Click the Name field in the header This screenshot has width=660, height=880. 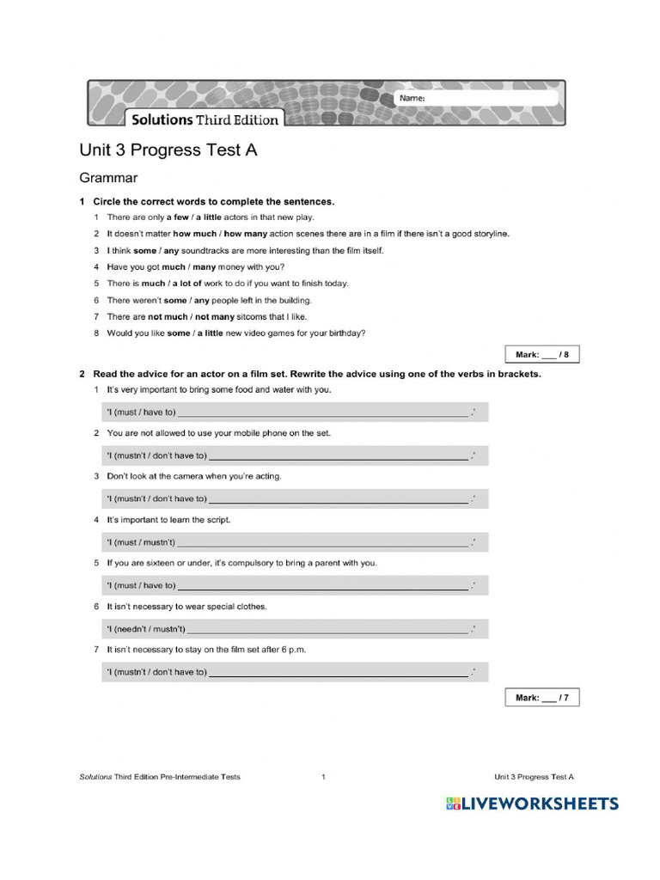490,99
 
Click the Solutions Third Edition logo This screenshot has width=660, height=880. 204,119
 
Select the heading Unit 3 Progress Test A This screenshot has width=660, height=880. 168,150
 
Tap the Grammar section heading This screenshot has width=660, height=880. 108,179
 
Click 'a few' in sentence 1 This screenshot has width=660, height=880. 176,217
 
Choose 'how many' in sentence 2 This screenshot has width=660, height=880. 245,234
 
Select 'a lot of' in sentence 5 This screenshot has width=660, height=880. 191,284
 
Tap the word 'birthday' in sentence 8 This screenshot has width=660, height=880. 344,333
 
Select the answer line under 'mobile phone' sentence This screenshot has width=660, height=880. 339,455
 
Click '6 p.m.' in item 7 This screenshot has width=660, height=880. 293,651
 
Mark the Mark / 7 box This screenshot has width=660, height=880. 541,698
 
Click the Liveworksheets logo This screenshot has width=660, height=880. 532,804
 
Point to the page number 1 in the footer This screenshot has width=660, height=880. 323,777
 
